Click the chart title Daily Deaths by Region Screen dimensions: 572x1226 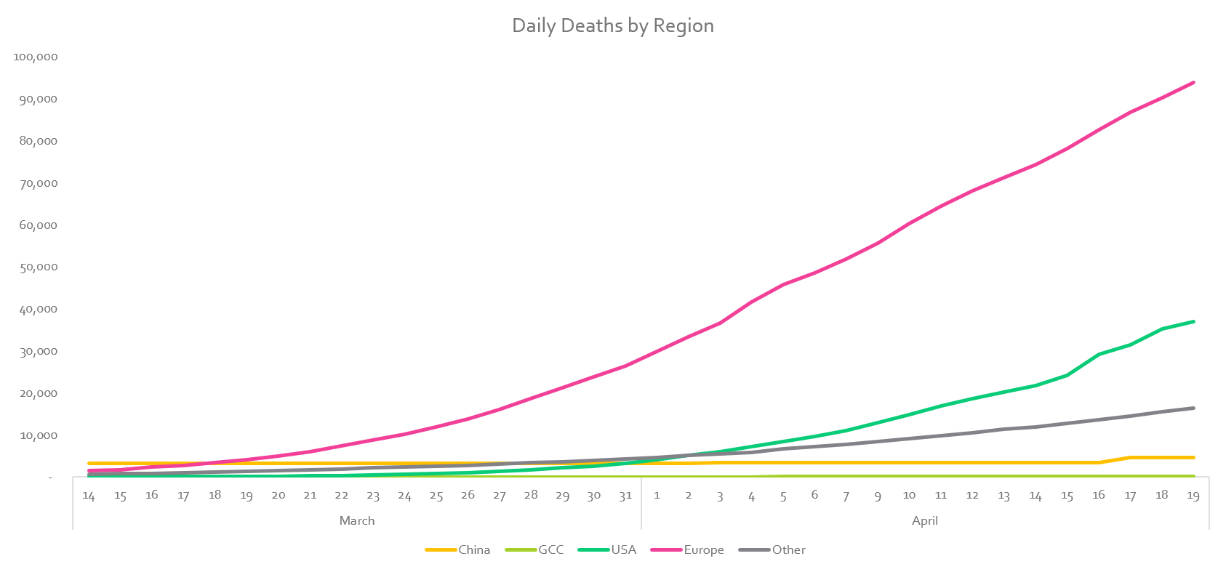click(613, 25)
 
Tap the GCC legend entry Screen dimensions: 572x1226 click(550, 549)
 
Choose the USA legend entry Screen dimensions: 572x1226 click(623, 549)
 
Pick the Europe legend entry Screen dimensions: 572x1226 click(703, 549)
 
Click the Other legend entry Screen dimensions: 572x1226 click(788, 549)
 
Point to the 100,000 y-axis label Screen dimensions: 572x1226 click(36, 57)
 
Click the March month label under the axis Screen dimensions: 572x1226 click(357, 520)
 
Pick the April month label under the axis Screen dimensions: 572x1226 click(925, 520)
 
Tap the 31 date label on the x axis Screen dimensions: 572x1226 click(625, 496)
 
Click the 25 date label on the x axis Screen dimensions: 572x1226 click(436, 496)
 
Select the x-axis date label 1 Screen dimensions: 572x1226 click(657, 496)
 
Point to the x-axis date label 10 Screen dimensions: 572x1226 click(909, 496)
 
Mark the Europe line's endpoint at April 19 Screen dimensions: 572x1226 click(1193, 82)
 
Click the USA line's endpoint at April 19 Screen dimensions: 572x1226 click(1193, 321)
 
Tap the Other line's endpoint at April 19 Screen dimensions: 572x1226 click(1193, 408)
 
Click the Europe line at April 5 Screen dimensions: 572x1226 click(783, 284)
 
